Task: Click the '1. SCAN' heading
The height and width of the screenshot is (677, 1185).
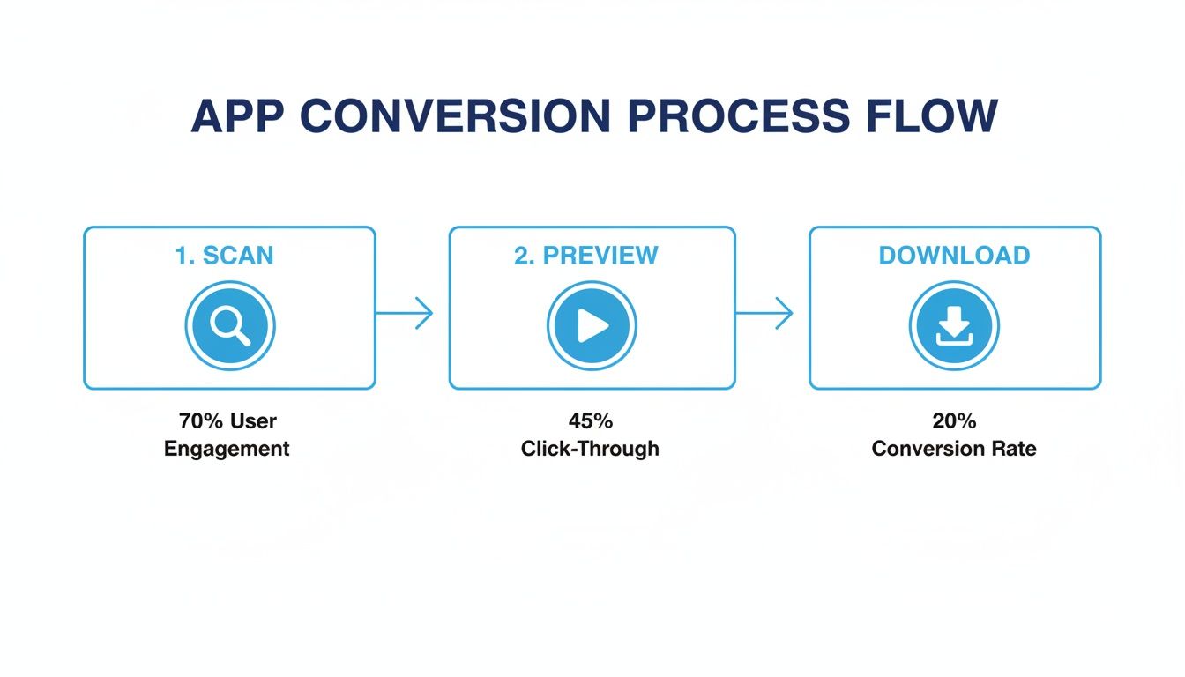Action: tap(224, 256)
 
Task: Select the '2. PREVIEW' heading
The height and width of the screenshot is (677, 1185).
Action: tap(586, 256)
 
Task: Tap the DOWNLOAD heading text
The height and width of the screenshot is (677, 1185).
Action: tap(954, 256)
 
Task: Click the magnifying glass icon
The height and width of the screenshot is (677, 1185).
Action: tap(230, 326)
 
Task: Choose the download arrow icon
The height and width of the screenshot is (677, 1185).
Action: tap(954, 326)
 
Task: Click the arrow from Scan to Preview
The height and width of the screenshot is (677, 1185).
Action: tap(406, 313)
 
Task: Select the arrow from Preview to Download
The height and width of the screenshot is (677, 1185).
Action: tap(765, 313)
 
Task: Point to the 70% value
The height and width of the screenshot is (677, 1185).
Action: tap(198, 420)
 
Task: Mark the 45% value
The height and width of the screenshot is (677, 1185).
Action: tap(590, 420)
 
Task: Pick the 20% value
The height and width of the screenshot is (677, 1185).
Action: tap(954, 420)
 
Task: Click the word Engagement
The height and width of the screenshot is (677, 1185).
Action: tap(227, 449)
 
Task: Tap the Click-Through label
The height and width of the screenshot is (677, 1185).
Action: tap(590, 449)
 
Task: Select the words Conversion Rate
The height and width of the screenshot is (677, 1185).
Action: tap(954, 449)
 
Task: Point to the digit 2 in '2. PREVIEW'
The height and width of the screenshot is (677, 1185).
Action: tap(521, 256)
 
